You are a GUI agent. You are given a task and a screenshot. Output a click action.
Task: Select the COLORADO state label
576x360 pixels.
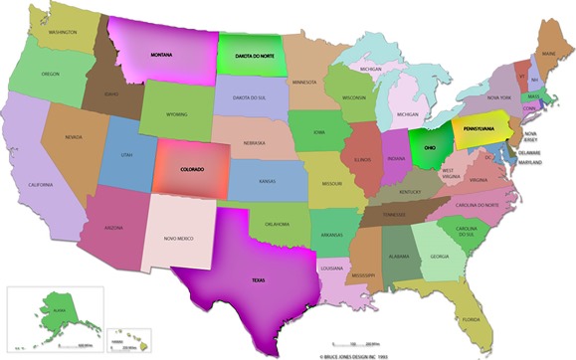tap(191, 169)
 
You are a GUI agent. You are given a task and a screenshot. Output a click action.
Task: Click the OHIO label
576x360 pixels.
tap(429, 146)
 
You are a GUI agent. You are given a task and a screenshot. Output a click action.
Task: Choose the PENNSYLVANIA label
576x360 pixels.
tap(484, 128)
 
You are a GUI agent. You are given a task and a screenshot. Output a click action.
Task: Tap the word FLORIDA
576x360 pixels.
tap(471, 319)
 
